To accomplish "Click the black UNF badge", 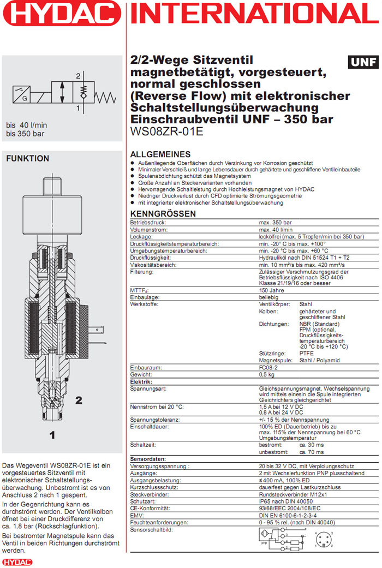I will click(x=363, y=62).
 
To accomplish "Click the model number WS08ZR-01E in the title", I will click(x=166, y=131).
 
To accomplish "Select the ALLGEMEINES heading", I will click(x=160, y=154).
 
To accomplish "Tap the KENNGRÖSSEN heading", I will click(x=163, y=214).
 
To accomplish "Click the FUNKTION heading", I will click(x=27, y=159).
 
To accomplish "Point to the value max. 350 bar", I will click(x=275, y=223).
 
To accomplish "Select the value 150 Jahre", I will click(x=271, y=290).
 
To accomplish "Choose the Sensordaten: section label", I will click(x=148, y=459).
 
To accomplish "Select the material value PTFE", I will click(x=306, y=354).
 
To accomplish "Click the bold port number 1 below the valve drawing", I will click(x=52, y=435).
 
